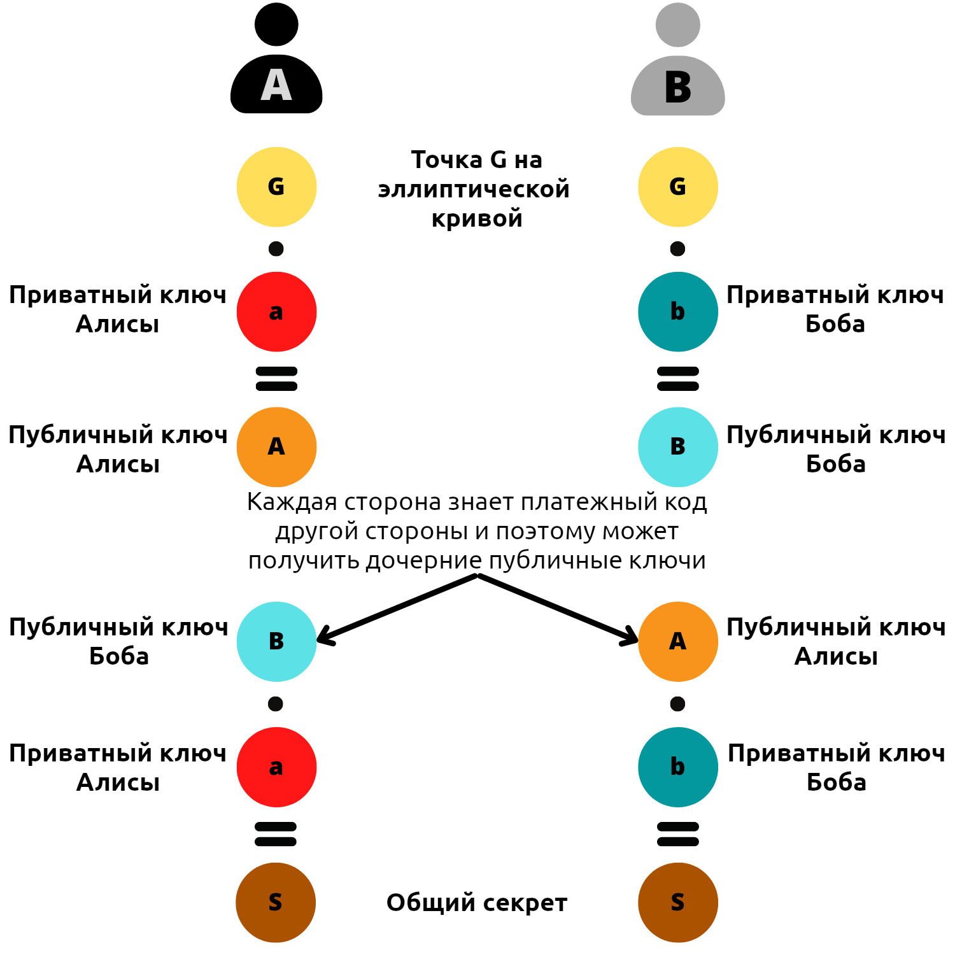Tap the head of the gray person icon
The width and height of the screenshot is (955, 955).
[x=678, y=25]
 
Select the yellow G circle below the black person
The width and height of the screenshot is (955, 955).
[x=276, y=187]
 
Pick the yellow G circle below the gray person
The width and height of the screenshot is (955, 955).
[x=678, y=187]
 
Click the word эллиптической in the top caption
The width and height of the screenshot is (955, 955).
[x=474, y=190]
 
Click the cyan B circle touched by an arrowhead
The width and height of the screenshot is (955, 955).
[x=276, y=641]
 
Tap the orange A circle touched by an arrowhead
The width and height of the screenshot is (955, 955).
[x=678, y=641]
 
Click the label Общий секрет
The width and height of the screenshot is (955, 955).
[x=476, y=903]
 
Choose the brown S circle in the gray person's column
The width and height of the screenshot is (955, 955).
[x=678, y=902]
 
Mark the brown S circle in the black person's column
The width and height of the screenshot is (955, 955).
[x=276, y=902]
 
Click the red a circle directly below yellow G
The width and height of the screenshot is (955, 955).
[x=276, y=312]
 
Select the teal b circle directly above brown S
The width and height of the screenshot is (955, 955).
[x=678, y=767]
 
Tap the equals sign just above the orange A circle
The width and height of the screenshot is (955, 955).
[x=276, y=378]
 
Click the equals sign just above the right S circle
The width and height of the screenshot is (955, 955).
[x=678, y=834]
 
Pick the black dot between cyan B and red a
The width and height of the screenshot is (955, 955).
[x=276, y=704]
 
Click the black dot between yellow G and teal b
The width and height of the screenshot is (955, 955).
[x=677, y=248]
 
